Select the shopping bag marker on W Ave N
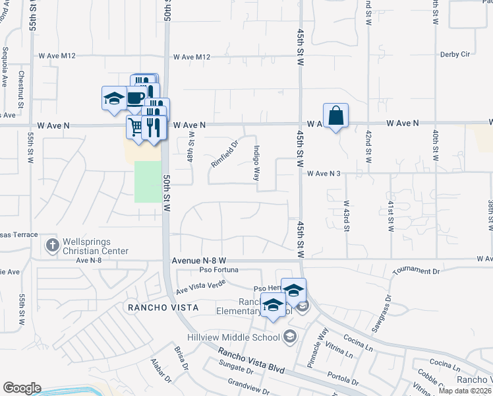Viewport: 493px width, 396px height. pyautogui.click(x=335, y=115)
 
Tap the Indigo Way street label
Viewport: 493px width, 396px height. pyautogui.click(x=256, y=162)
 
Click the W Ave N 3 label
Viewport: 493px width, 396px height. pyautogui.click(x=324, y=174)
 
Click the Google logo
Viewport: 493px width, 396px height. pyautogui.click(x=22, y=388)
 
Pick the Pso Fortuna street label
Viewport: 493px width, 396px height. pyautogui.click(x=217, y=269)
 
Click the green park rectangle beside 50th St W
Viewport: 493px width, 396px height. pyautogui.click(x=148, y=181)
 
